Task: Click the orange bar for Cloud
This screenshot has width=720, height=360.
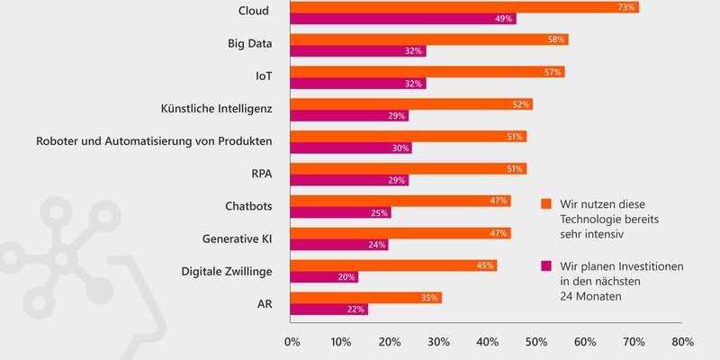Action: pyautogui.click(x=464, y=7)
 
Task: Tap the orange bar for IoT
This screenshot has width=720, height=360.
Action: pyautogui.click(x=427, y=72)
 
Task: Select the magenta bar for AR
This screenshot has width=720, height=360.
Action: pyautogui.click(x=329, y=310)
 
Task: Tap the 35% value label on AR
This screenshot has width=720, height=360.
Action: pyautogui.click(x=430, y=298)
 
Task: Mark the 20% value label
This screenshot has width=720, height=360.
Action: pyautogui.click(x=346, y=277)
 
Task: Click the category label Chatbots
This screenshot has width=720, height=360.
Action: pyautogui.click(x=248, y=206)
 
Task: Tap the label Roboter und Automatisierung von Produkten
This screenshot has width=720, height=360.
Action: pyautogui.click(x=154, y=141)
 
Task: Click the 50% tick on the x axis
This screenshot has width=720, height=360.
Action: pyautogui.click(x=535, y=342)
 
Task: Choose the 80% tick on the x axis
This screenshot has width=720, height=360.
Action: pyautogui.click(x=681, y=342)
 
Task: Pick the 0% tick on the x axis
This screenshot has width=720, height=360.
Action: pyautogui.click(x=292, y=342)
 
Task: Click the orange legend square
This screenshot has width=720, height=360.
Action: pyautogui.click(x=545, y=203)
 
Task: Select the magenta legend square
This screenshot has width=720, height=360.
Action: pyautogui.click(x=545, y=266)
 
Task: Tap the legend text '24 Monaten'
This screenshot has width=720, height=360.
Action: pyautogui.click(x=589, y=298)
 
